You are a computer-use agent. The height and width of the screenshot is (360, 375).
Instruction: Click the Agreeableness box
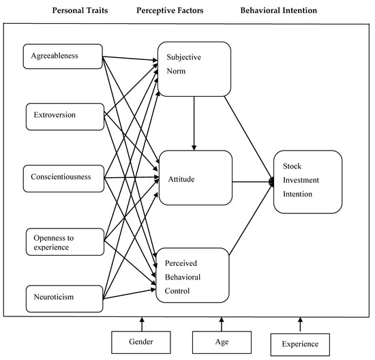63,57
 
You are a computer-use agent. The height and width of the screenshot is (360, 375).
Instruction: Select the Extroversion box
63,115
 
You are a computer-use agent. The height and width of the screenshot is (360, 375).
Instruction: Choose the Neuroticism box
63,297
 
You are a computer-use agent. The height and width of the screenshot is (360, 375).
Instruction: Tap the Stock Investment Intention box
307,182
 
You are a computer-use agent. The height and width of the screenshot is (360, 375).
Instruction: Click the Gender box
142,342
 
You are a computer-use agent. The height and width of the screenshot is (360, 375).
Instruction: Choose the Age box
220,341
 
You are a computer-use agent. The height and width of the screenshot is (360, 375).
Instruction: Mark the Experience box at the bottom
299,344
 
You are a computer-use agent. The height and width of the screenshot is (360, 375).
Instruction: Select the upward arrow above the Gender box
142,323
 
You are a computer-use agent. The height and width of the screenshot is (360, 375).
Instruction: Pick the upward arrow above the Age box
220,323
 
